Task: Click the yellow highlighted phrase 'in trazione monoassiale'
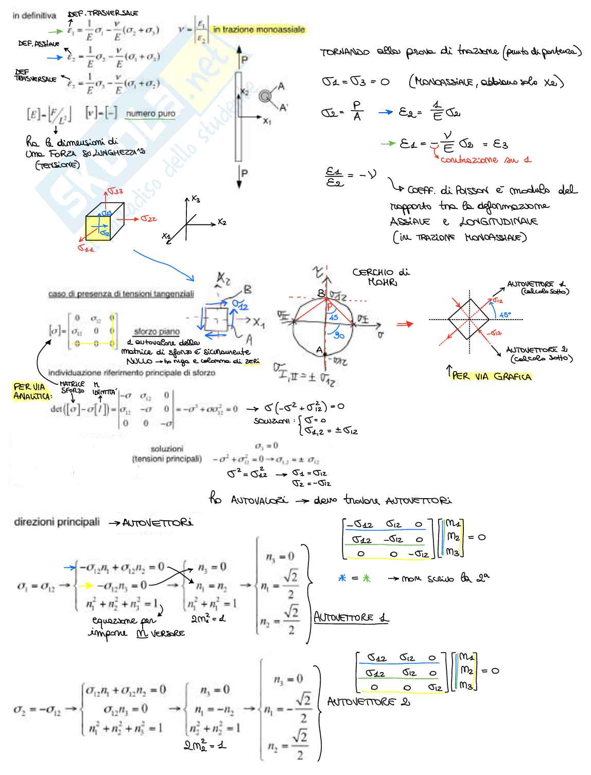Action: click(259, 30)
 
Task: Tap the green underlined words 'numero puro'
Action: click(150, 114)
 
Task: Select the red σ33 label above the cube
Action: click(115, 191)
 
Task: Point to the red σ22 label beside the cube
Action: click(149, 219)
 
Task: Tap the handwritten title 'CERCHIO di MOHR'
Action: click(381, 277)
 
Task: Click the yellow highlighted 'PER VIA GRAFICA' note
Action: click(492, 376)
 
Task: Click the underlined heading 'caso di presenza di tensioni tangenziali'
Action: click(121, 294)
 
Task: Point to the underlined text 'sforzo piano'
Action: click(157, 332)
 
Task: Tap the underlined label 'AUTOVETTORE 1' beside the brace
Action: click(351, 618)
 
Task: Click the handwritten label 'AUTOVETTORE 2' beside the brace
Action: click(369, 702)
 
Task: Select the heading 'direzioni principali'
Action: click(57, 522)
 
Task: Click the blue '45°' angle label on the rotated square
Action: click(505, 315)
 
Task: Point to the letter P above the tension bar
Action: click(245, 60)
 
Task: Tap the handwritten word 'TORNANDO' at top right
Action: click(344, 52)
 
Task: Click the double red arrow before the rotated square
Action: click(405, 324)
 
